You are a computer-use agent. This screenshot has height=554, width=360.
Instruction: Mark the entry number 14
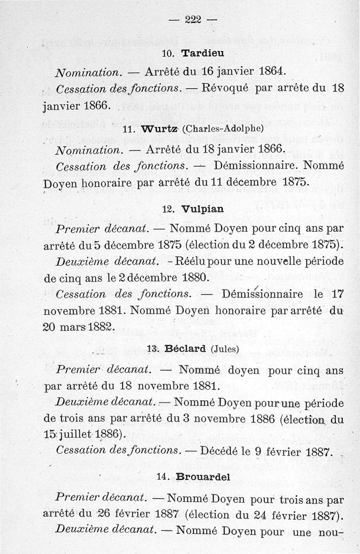coord(162,478)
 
